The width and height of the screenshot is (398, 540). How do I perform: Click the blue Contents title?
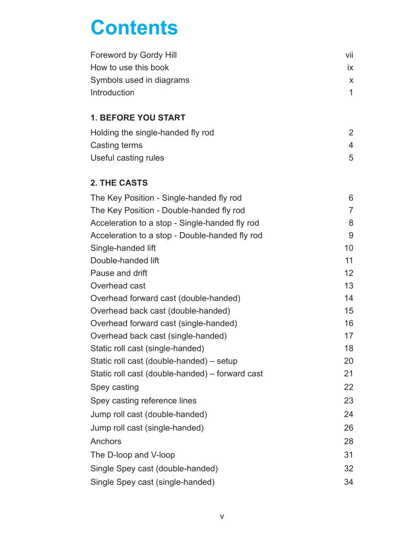tap(134, 28)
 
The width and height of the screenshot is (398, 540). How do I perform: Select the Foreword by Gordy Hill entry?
tap(133, 55)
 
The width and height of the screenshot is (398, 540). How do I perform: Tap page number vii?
tap(349, 55)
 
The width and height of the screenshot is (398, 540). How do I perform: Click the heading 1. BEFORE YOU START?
tap(138, 118)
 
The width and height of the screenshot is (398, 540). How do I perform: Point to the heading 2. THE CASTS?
tap(119, 183)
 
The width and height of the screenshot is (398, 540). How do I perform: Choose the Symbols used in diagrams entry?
tap(140, 80)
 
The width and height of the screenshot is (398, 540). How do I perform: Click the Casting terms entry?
tap(116, 146)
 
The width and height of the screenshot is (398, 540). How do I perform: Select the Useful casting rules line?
tap(127, 158)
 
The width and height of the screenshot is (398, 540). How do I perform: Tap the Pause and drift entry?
tap(119, 273)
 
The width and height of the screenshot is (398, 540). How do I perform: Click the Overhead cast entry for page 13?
tap(118, 286)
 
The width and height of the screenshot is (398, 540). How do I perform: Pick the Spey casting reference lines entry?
tap(143, 401)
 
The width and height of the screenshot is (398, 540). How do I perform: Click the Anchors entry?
tap(106, 441)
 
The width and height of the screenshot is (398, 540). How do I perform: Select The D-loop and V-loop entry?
tap(132, 455)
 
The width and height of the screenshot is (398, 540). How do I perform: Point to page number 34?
tap(349, 482)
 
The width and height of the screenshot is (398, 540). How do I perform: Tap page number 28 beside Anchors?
tap(349, 441)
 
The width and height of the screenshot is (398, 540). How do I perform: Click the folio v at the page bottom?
tap(222, 517)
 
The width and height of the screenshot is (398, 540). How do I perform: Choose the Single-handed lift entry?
tap(123, 248)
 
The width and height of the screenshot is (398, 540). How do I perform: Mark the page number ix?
tap(350, 68)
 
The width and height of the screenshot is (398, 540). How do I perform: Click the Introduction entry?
tap(112, 93)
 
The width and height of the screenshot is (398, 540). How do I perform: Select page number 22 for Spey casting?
tap(349, 387)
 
